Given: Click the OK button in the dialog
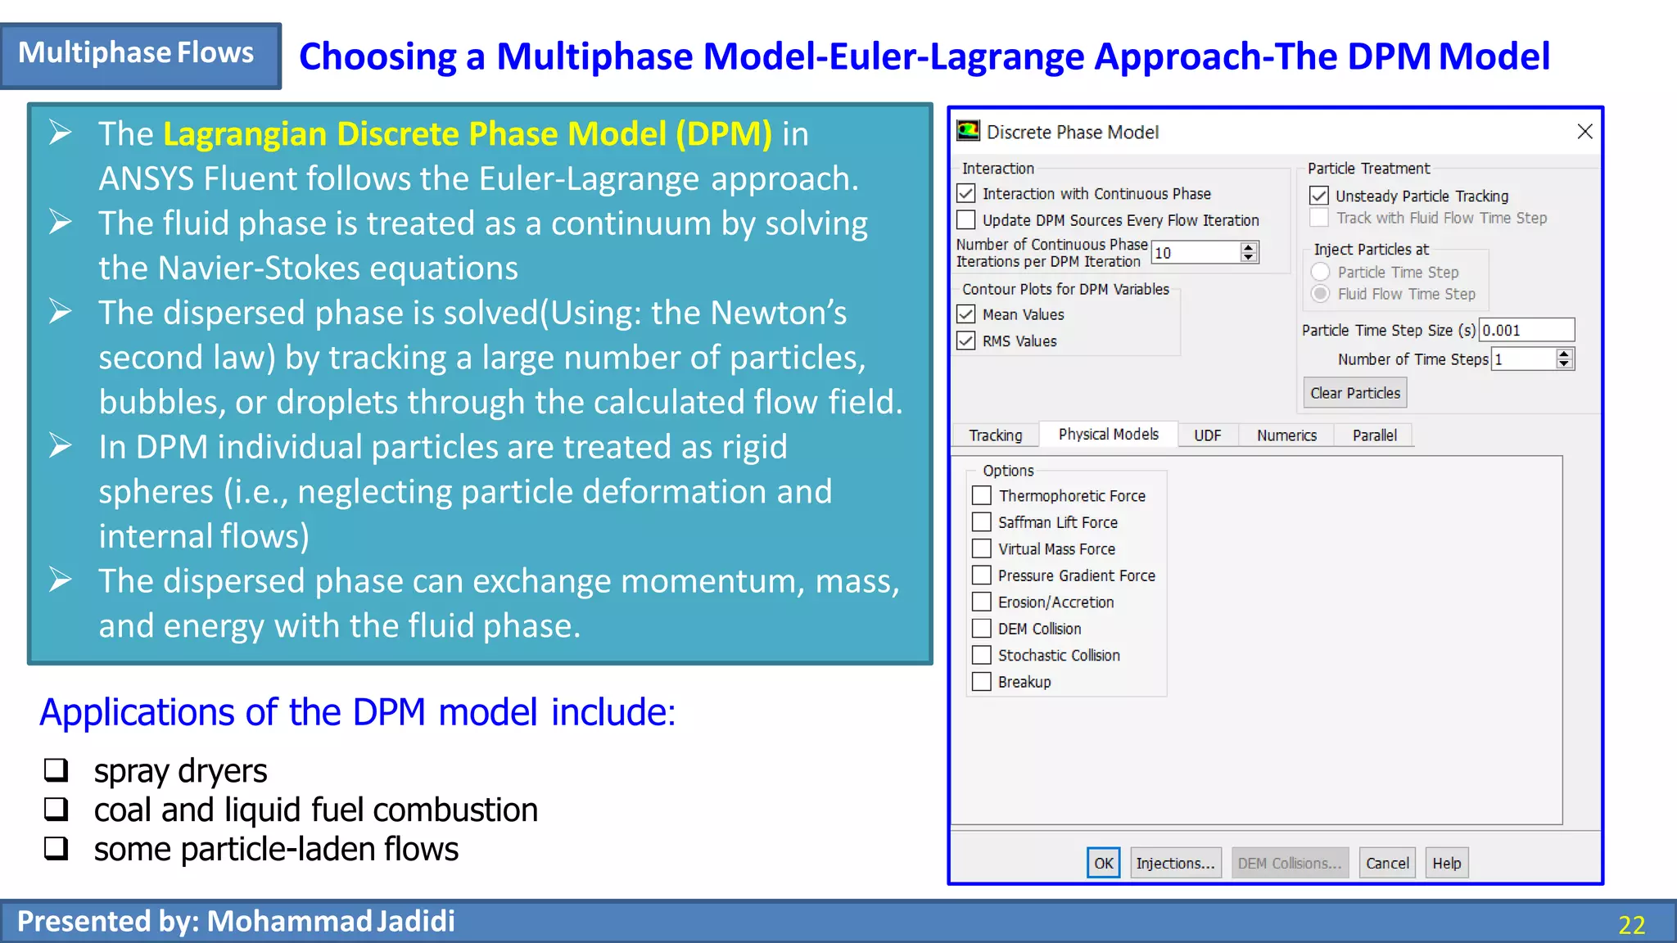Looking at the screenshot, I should click(1103, 863).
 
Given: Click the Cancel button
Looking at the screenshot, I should click(1387, 863).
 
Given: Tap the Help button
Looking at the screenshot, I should click(1446, 863).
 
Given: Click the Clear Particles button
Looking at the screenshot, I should click(1354, 393).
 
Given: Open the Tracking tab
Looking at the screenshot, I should click(995, 435).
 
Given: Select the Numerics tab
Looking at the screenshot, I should click(1286, 435).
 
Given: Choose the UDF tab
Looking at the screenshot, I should click(1207, 435).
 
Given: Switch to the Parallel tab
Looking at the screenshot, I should click(1374, 435).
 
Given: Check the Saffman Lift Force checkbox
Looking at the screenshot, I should click(982, 522).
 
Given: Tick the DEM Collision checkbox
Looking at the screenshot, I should click(982, 629).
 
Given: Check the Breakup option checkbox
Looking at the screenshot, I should click(982, 682).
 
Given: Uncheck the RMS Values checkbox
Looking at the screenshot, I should click(966, 341).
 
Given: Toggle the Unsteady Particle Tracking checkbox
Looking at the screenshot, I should click(1318, 196).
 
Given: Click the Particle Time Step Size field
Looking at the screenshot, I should click(1526, 330).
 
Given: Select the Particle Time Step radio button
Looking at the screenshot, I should click(1320, 272).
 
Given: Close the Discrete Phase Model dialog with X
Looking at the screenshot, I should click(1584, 132).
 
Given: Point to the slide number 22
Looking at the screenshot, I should click(1631, 925).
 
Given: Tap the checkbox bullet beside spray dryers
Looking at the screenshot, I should click(57, 769).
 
